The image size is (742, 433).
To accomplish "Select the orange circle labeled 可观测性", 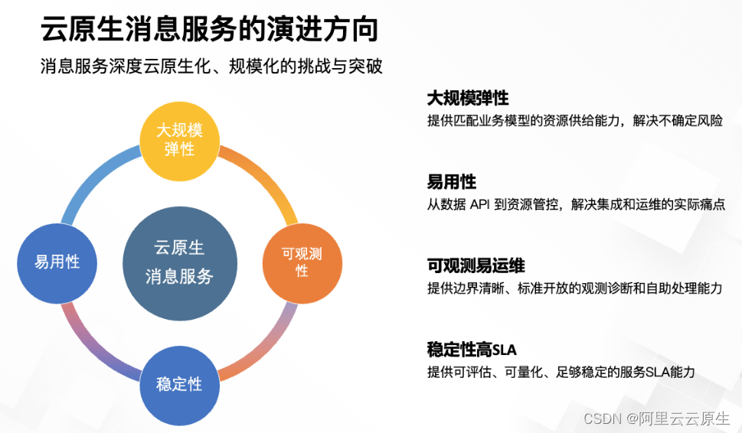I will click(x=302, y=262).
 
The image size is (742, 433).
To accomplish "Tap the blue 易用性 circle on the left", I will click(x=57, y=262).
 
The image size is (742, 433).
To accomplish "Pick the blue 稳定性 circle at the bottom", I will click(x=179, y=384).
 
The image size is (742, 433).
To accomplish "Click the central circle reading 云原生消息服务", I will click(x=179, y=262).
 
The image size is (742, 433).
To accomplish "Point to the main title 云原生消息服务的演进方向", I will click(x=208, y=31).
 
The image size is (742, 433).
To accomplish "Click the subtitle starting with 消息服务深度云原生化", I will click(x=211, y=67).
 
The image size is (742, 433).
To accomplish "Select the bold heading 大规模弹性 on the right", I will click(x=468, y=98).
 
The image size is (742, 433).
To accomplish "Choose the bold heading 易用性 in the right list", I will click(x=452, y=181).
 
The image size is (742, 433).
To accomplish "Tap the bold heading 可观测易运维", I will click(x=476, y=265).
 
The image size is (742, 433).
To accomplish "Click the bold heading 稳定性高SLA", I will click(x=472, y=350).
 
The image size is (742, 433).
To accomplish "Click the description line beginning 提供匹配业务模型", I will click(x=574, y=121).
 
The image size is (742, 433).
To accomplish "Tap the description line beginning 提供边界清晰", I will click(x=574, y=288).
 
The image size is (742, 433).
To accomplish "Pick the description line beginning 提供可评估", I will click(x=561, y=373).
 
